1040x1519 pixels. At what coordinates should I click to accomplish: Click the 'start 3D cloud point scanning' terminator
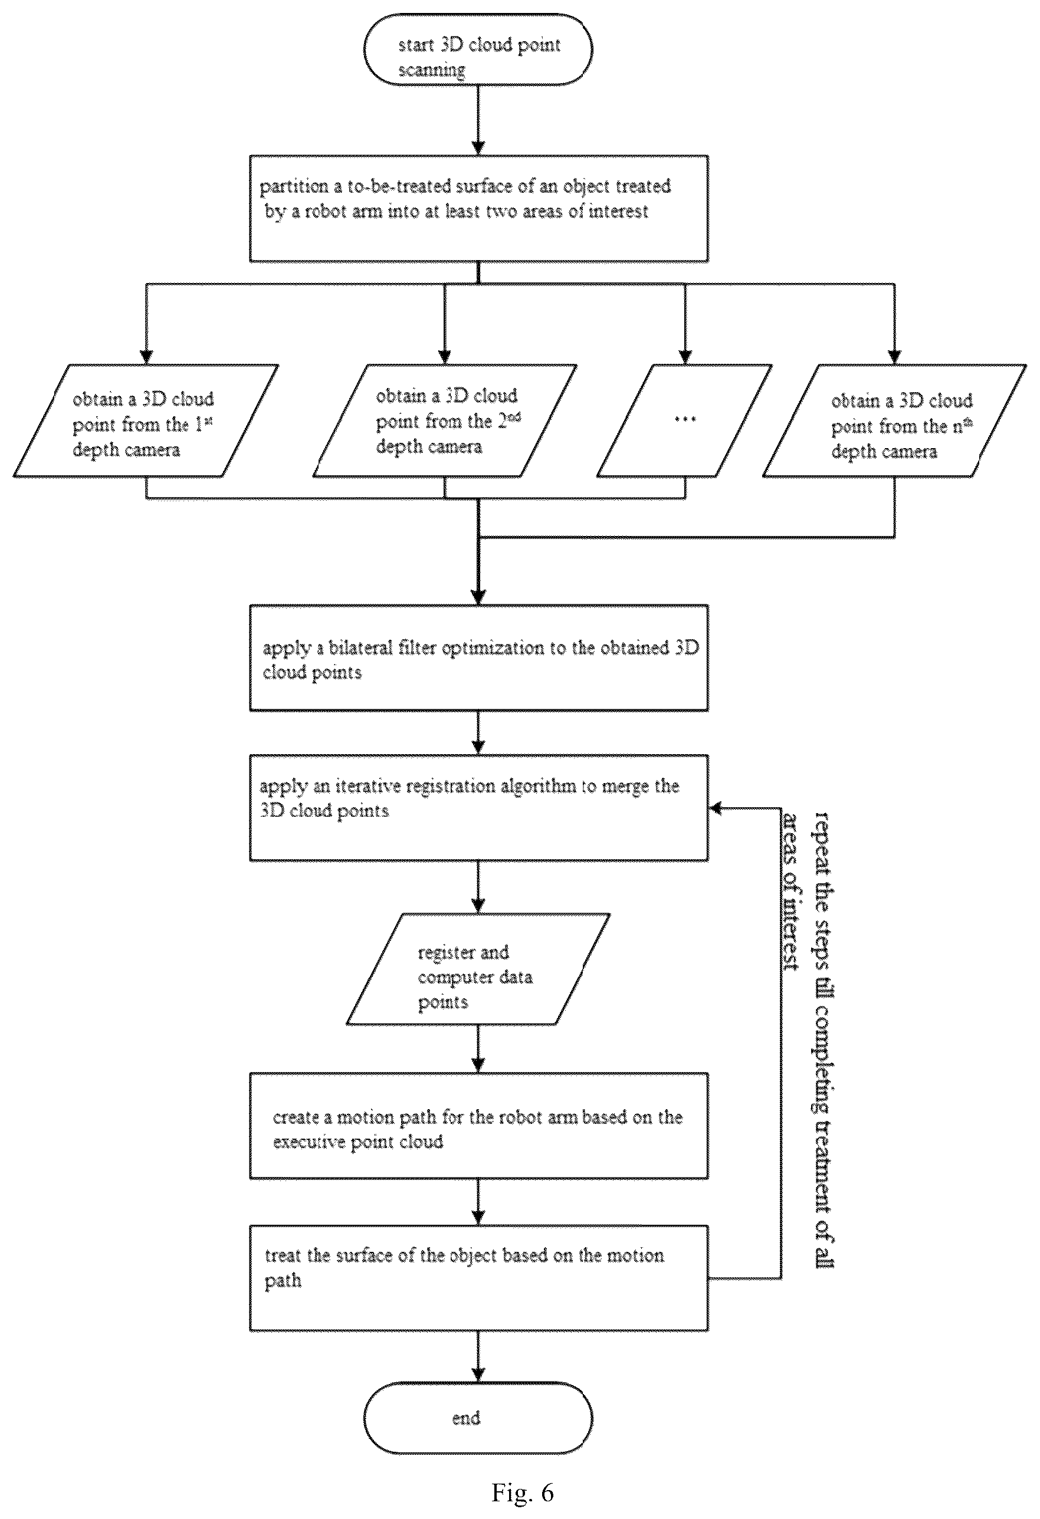point(478,49)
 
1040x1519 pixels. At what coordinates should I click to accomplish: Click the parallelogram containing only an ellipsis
point(684,420)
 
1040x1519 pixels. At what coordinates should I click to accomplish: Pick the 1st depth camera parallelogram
point(146,420)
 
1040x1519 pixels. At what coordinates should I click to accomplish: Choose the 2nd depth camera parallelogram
point(445,420)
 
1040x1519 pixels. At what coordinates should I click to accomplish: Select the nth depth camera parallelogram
point(894,420)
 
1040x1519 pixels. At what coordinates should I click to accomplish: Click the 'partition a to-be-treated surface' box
point(478,209)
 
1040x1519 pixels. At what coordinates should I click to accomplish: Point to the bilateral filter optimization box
point(478,657)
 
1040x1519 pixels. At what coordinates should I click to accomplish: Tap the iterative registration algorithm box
point(478,807)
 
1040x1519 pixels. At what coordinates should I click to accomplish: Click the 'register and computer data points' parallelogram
point(478,969)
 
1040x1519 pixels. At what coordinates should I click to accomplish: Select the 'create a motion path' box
point(478,1126)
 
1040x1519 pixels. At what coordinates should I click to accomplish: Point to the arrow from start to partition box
point(478,120)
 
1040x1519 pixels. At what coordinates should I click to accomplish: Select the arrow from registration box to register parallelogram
point(478,887)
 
